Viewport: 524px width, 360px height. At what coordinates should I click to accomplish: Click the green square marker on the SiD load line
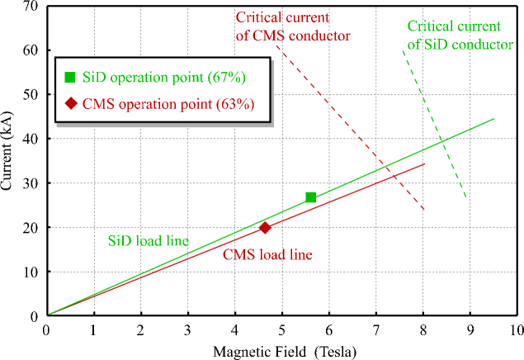click(x=310, y=197)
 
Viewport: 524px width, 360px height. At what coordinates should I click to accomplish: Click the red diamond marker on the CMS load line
click(x=265, y=228)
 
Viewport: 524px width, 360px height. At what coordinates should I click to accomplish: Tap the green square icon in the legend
click(x=70, y=78)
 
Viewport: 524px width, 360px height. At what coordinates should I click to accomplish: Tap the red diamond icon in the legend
click(x=70, y=104)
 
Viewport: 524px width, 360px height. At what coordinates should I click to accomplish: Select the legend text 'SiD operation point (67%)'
click(x=163, y=78)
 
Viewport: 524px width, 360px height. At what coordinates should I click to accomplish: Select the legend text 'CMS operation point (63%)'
click(x=168, y=104)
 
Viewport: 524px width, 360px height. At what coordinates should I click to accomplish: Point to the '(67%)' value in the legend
click(x=228, y=78)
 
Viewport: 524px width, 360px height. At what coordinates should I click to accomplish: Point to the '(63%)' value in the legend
click(x=234, y=104)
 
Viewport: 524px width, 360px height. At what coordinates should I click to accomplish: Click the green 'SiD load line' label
click(x=149, y=241)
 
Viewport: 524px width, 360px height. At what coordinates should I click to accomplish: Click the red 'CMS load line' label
click(x=267, y=254)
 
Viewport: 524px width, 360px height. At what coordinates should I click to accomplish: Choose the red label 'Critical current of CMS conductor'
click(x=293, y=26)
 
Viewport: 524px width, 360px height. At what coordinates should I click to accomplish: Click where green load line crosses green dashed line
click(x=444, y=140)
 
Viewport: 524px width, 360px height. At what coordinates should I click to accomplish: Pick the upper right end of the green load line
click(x=494, y=119)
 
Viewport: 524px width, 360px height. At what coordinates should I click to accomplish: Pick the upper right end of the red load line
click(x=424, y=164)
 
